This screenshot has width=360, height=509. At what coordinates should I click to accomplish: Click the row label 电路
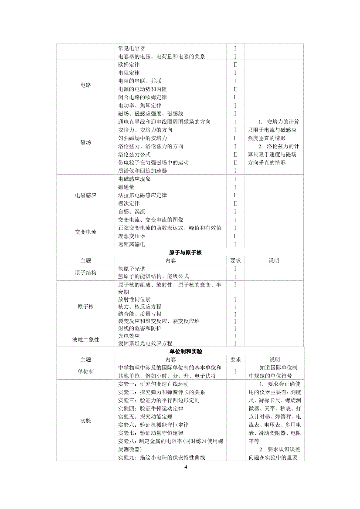click(x=86, y=85)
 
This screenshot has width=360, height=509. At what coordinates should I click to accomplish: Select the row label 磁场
click(x=86, y=142)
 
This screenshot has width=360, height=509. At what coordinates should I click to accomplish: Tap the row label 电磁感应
click(x=86, y=195)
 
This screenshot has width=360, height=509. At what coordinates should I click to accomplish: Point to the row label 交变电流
click(x=86, y=232)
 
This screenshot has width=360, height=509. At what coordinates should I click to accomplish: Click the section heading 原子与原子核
click(x=185, y=253)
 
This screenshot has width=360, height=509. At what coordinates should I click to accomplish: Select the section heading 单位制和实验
click(x=185, y=351)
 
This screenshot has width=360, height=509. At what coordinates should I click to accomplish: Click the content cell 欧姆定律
click(x=129, y=64)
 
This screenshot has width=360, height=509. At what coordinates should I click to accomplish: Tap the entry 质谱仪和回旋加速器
click(x=143, y=171)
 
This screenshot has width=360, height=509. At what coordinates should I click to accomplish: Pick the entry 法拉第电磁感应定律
click(x=143, y=195)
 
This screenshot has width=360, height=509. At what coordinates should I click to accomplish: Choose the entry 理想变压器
click(x=132, y=236)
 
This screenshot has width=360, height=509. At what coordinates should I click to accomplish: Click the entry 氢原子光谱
click(x=132, y=269)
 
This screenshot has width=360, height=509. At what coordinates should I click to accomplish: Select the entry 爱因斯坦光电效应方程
click(x=145, y=344)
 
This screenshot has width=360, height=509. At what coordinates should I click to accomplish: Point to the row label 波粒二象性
click(x=86, y=339)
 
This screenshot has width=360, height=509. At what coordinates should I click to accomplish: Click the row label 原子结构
click(x=86, y=273)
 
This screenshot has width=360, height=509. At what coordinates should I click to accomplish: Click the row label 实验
click(x=86, y=421)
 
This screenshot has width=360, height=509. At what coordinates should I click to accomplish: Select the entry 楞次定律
click(x=129, y=203)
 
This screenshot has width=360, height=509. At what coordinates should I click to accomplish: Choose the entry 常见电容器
click(x=132, y=48)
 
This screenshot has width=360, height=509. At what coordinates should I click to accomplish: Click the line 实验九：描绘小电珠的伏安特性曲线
click(x=162, y=457)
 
